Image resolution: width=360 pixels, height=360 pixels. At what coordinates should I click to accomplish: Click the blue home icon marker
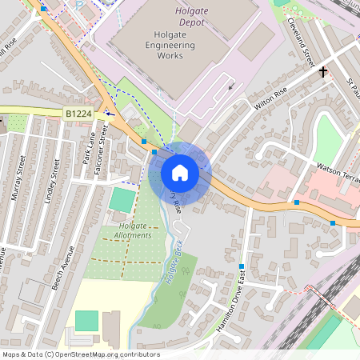[x=179, y=172]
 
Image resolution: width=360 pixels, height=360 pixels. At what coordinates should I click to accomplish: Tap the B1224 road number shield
[x=78, y=114]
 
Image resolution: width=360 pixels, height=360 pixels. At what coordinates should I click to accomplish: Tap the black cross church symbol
[x=324, y=72]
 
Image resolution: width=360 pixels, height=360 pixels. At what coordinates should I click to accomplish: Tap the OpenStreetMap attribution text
[x=81, y=354]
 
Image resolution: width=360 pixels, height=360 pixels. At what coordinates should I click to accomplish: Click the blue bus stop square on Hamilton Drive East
[x=241, y=266]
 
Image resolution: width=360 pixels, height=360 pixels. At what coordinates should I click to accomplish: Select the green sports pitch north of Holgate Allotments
[x=122, y=199]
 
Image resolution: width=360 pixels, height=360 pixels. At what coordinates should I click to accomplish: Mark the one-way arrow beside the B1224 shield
[x=109, y=114]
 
